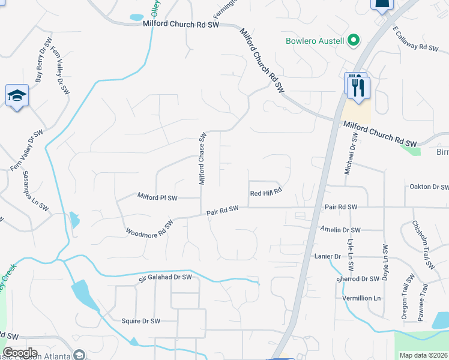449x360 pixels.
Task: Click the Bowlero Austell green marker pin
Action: click(354, 41)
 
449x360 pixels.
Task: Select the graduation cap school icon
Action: click(17, 96)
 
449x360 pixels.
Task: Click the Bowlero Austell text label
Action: click(315, 41)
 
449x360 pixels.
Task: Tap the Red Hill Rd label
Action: click(265, 193)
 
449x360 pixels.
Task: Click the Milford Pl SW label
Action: click(157, 197)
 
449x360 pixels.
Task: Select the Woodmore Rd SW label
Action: click(149, 228)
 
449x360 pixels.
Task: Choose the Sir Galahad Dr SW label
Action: click(165, 277)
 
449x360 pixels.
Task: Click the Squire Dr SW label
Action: click(141, 321)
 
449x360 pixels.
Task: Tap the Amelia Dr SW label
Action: click(340, 230)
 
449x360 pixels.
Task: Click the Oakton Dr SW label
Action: click(429, 187)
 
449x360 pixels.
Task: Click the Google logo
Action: click(20, 353)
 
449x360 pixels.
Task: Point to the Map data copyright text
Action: click(424, 355)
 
